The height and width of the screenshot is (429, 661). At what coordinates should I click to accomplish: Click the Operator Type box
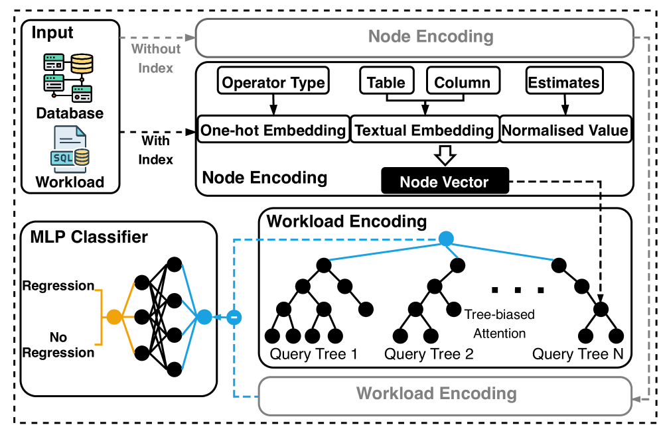coord(273,83)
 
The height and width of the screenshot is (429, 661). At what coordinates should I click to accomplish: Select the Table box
coord(386,83)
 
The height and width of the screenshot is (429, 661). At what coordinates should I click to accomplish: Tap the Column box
coord(462,83)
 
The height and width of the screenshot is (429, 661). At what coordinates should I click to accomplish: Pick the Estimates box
coord(563,83)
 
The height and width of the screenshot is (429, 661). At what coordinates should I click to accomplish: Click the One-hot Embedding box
coord(273,130)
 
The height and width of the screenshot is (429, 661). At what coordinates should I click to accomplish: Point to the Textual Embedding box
coord(424,130)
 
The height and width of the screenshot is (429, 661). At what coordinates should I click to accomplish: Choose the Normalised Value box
coord(565,130)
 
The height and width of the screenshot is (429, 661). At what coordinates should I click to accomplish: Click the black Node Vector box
coord(445,182)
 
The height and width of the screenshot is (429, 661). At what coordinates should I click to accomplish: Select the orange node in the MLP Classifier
coord(114,317)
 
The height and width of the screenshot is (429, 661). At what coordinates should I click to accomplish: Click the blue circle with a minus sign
coord(234,318)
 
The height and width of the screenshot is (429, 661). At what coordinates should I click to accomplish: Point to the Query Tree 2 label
coord(429,354)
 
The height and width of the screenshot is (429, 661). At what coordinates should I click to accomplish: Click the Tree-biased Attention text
coord(499,324)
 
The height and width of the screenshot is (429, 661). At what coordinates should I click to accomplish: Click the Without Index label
coord(156,58)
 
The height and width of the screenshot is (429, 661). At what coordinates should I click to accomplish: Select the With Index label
coord(156,150)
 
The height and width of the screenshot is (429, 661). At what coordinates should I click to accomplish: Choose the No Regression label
coord(58,345)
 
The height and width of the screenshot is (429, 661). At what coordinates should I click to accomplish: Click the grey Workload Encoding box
coord(436,394)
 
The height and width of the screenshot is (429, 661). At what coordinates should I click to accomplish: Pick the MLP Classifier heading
coord(89,237)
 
